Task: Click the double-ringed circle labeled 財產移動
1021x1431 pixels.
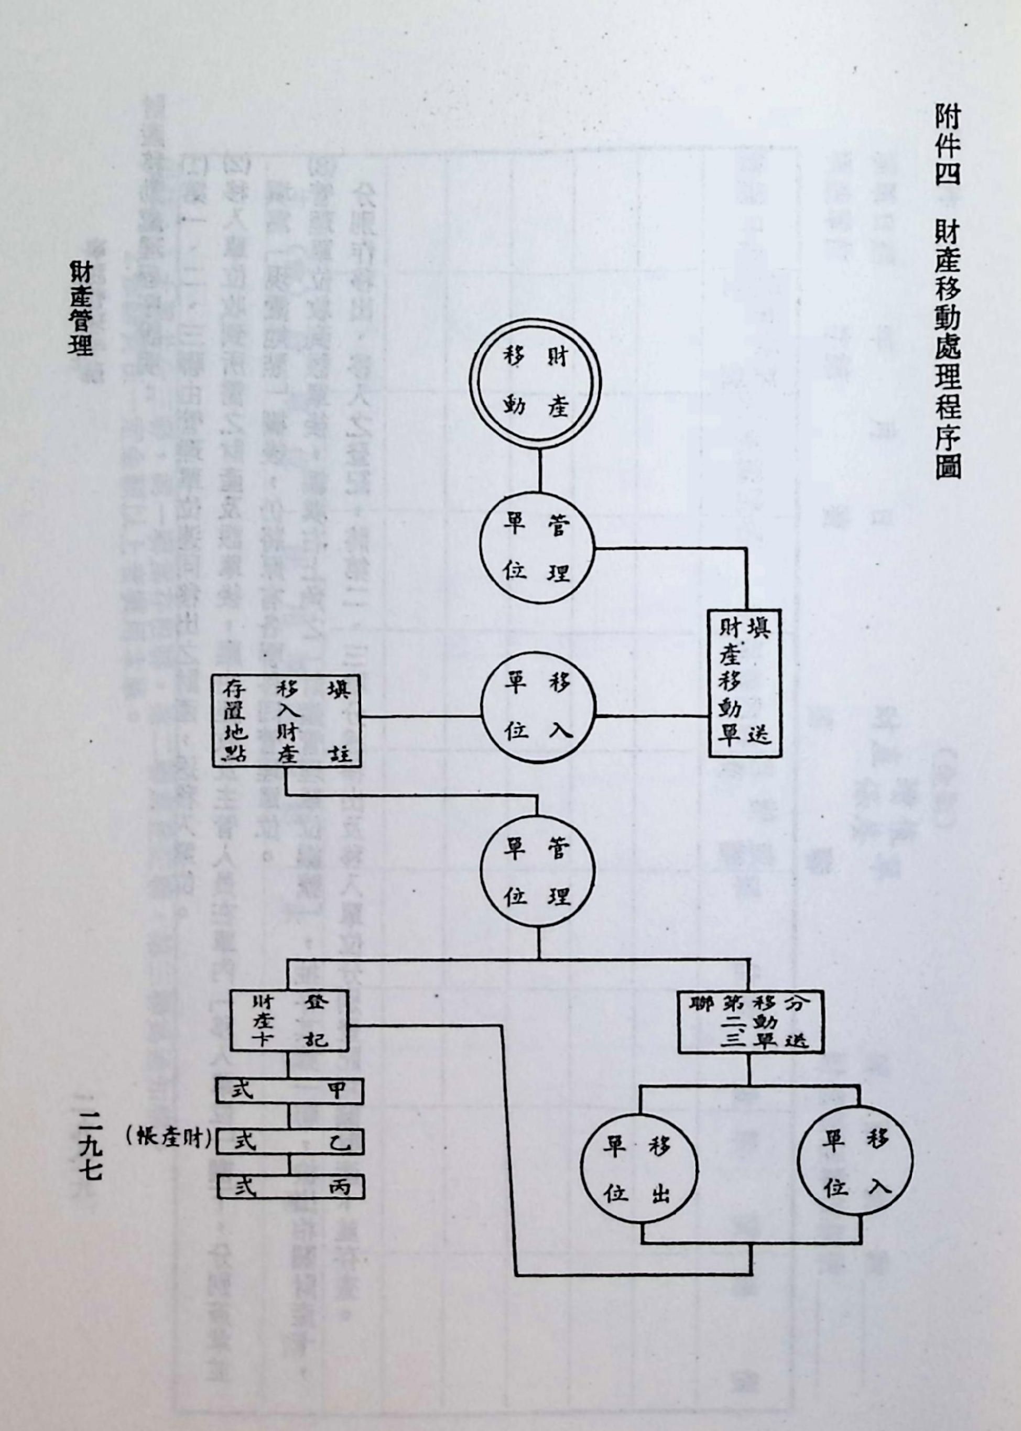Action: pos(535,382)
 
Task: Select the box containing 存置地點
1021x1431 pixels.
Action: pos(286,719)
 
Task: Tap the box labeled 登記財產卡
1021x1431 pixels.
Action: pos(288,1022)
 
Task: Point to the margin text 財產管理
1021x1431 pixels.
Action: pos(81,308)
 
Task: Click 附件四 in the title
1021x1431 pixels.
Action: pos(946,144)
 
